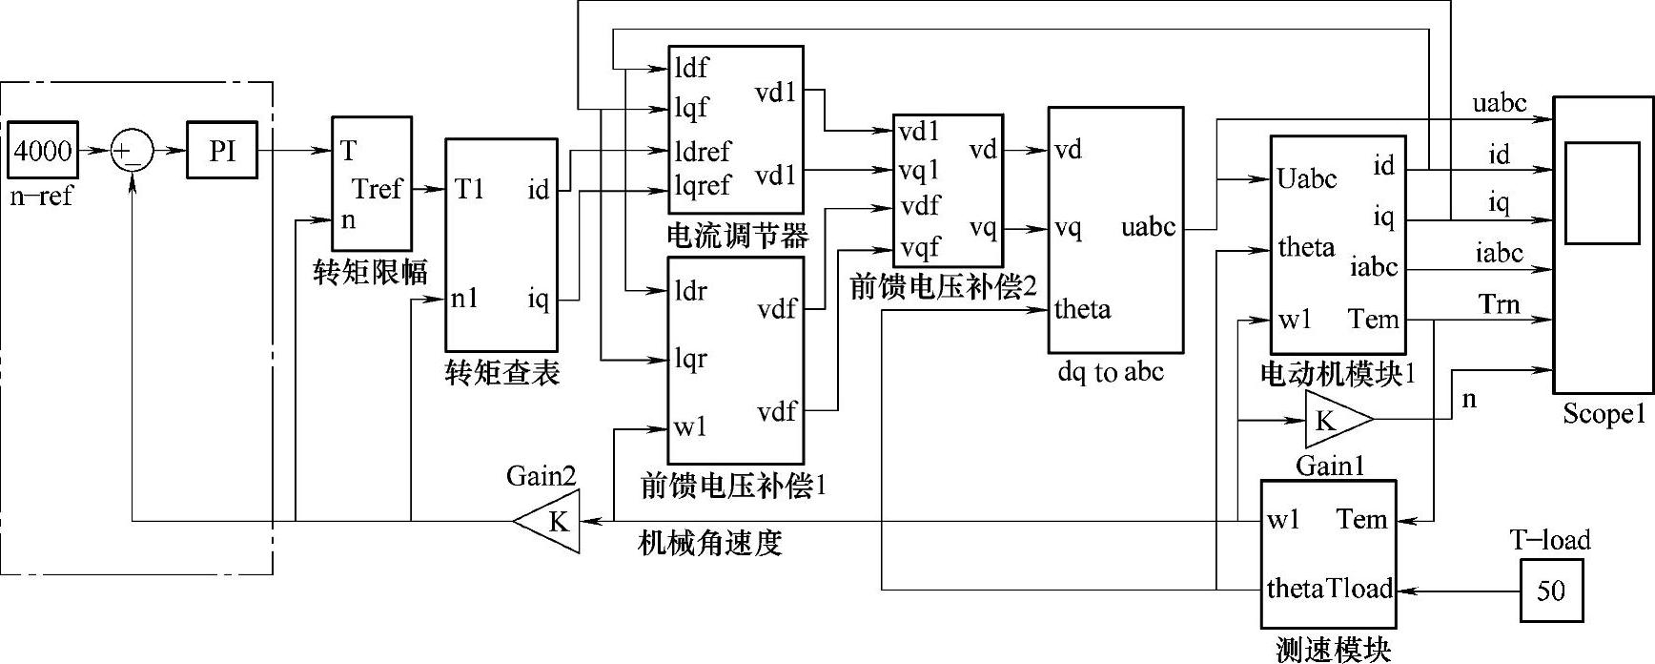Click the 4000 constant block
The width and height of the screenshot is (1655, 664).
[x=42, y=151]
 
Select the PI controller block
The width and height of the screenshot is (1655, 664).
[x=221, y=151]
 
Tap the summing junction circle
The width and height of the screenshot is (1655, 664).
[x=132, y=152]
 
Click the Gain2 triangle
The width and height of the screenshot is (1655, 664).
[x=551, y=521]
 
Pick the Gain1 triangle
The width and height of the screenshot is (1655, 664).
[x=1335, y=420]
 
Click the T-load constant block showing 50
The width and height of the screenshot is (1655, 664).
[x=1551, y=591]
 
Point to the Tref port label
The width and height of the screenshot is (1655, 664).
[x=378, y=189]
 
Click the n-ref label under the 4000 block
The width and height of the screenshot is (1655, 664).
[x=41, y=197]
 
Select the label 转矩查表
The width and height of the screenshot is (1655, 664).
[x=501, y=373]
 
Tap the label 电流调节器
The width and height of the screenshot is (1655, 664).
[x=738, y=236]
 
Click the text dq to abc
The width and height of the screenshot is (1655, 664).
[x=1111, y=371]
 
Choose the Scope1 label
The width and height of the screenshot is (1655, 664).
[x=1604, y=414]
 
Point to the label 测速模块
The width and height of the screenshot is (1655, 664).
[x=1333, y=651]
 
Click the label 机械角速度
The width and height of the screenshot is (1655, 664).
[x=709, y=543]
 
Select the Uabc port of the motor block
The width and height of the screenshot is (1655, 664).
[x=1307, y=179]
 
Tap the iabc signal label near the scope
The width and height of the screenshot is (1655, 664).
[x=1499, y=253]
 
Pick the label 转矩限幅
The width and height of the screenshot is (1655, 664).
[x=371, y=273]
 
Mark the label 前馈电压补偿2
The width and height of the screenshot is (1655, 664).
[x=942, y=286]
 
